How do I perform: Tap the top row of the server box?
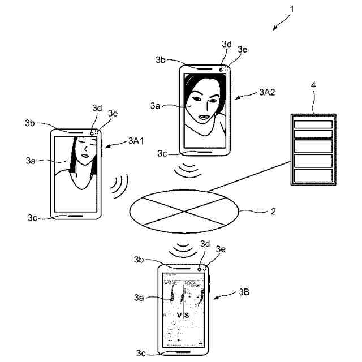[313, 123]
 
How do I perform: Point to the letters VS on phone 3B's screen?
[183, 314]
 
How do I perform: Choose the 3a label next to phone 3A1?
[31, 161]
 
